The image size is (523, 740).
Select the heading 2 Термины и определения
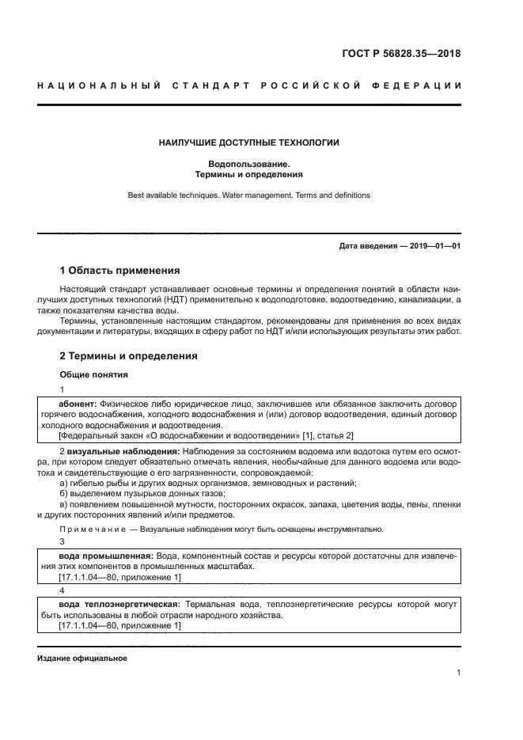click(x=129, y=356)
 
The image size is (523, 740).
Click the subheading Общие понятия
click(x=94, y=374)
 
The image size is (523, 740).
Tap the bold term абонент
click(x=78, y=403)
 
